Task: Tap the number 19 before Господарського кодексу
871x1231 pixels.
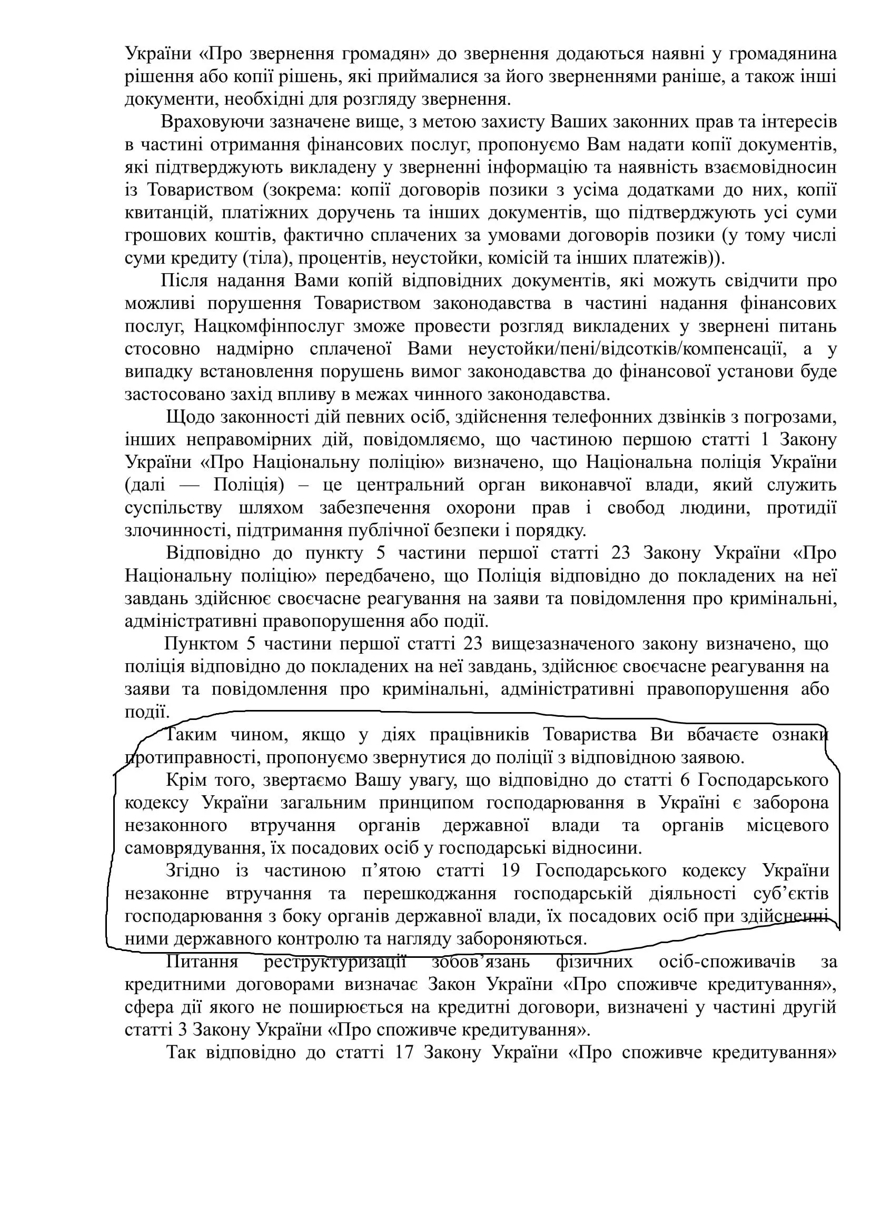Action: pos(510,870)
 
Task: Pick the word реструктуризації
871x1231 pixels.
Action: pos(335,962)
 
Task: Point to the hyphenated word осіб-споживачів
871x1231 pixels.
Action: pos(727,962)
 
